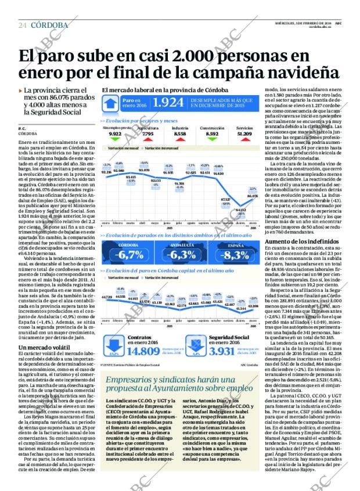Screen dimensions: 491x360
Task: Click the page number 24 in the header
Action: pyautogui.click(x=23, y=25)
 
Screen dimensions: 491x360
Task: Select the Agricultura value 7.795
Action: pyautogui.click(x=147, y=133)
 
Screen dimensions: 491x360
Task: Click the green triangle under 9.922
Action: pyautogui.click(x=115, y=140)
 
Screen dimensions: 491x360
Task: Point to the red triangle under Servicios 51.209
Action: pyautogui.click(x=244, y=140)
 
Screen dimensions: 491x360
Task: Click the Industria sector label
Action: pyautogui.click(x=180, y=127)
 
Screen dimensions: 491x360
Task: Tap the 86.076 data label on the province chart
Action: pyautogui.click(x=252, y=196)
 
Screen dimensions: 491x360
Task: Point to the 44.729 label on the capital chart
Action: pyautogui.click(x=106, y=297)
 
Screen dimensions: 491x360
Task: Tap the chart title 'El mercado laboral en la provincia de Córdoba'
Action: pyautogui.click(x=165, y=90)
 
